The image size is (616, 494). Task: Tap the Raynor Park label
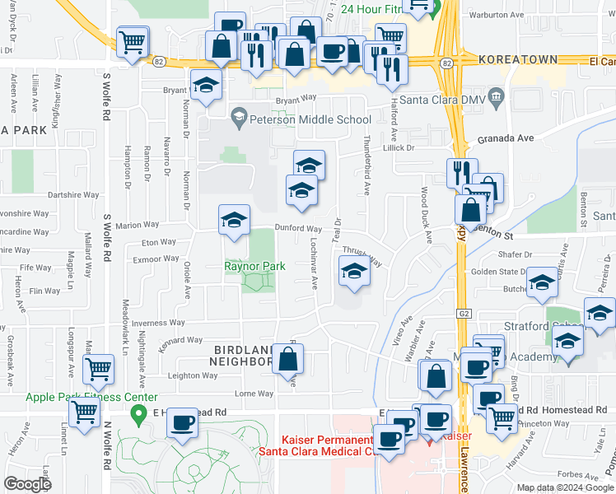pyautogui.click(x=255, y=267)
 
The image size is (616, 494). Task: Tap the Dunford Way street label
pyautogui.click(x=297, y=229)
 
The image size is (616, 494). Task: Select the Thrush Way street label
pyautogui.click(x=362, y=257)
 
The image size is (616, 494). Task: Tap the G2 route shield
pyautogui.click(x=462, y=314)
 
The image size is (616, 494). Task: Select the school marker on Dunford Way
pyautogui.click(x=234, y=220)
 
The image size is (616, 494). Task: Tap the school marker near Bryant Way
pyautogui.click(x=206, y=85)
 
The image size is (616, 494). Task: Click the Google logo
pyautogui.click(x=28, y=484)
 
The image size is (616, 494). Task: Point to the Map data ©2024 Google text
pyautogui.click(x=564, y=487)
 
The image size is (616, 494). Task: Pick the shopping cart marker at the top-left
pyautogui.click(x=132, y=41)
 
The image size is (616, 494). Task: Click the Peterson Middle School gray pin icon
pyautogui.click(x=239, y=116)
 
